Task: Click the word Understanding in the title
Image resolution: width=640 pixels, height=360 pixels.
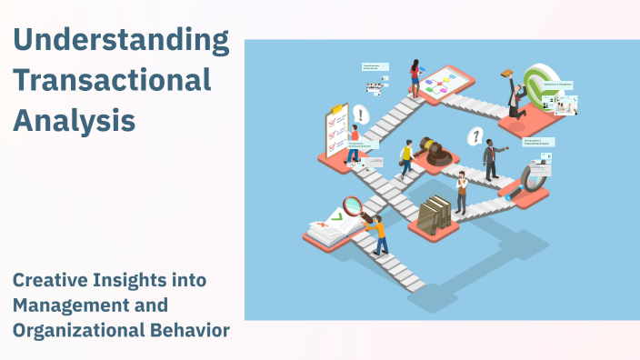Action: point(121,41)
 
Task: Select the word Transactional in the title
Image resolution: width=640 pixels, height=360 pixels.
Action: point(112,80)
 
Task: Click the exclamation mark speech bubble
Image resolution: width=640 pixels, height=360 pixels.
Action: point(362,115)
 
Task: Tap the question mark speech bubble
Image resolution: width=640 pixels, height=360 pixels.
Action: point(474,137)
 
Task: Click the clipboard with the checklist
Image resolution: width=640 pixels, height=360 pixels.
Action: point(335,130)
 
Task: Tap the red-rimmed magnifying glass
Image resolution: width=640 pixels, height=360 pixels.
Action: point(353,206)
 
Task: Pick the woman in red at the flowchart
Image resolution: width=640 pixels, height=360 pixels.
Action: point(415,79)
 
